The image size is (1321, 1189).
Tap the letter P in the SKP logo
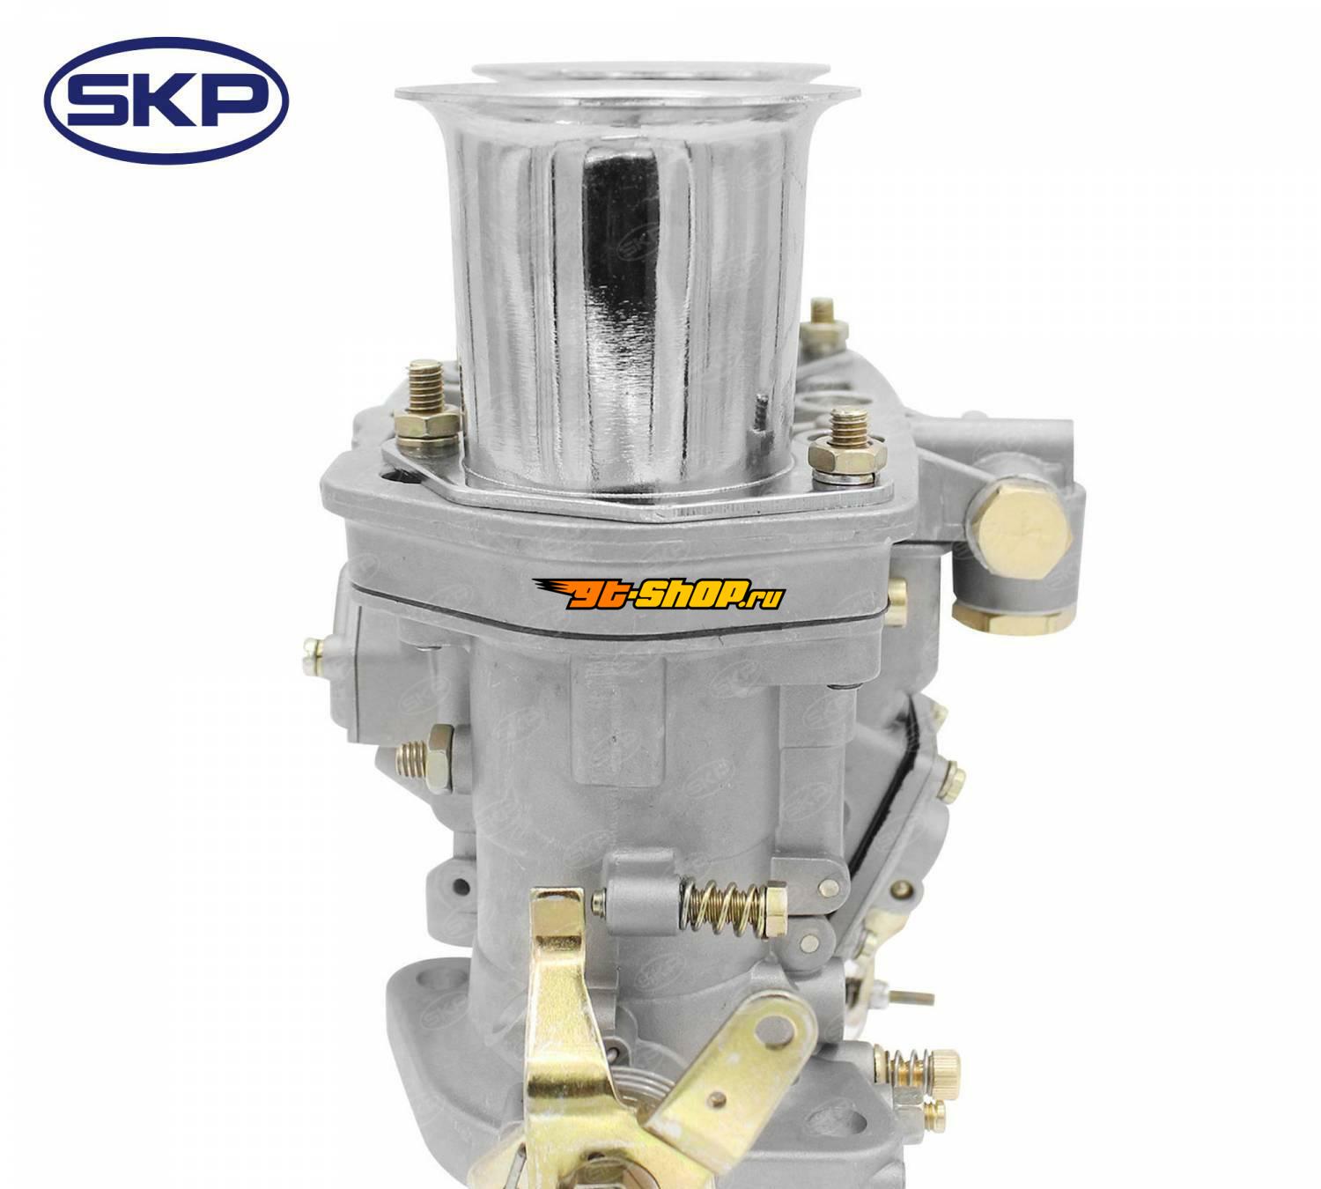tap(235, 101)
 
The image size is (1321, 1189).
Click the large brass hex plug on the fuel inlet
tap(1020, 532)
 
